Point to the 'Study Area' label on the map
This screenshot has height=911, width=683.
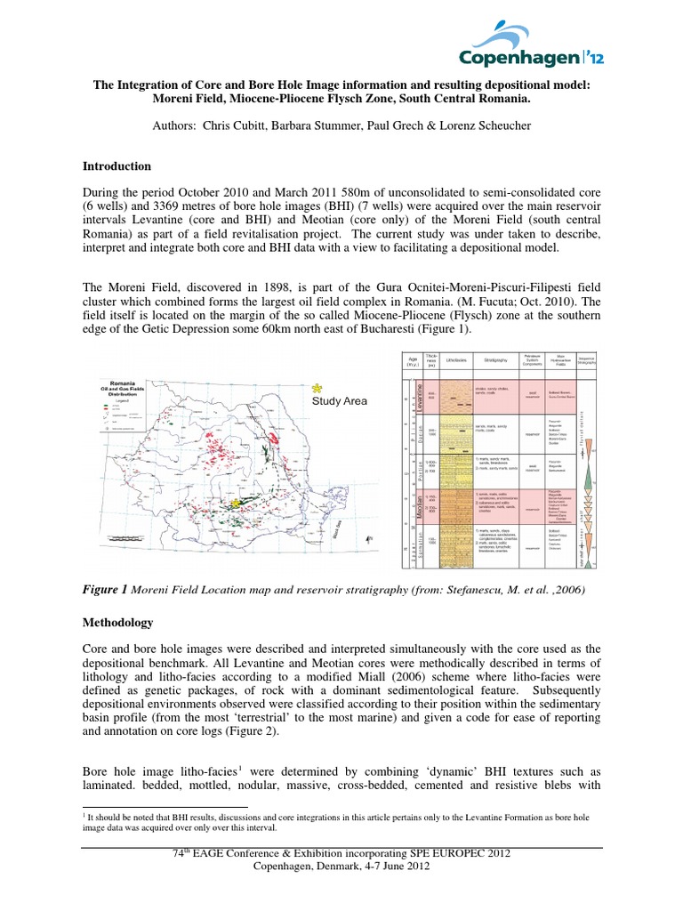pyautogui.click(x=339, y=402)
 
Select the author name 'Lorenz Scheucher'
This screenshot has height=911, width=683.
pyautogui.click(x=498, y=125)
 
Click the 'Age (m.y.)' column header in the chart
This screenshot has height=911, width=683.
pyautogui.click(x=411, y=363)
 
